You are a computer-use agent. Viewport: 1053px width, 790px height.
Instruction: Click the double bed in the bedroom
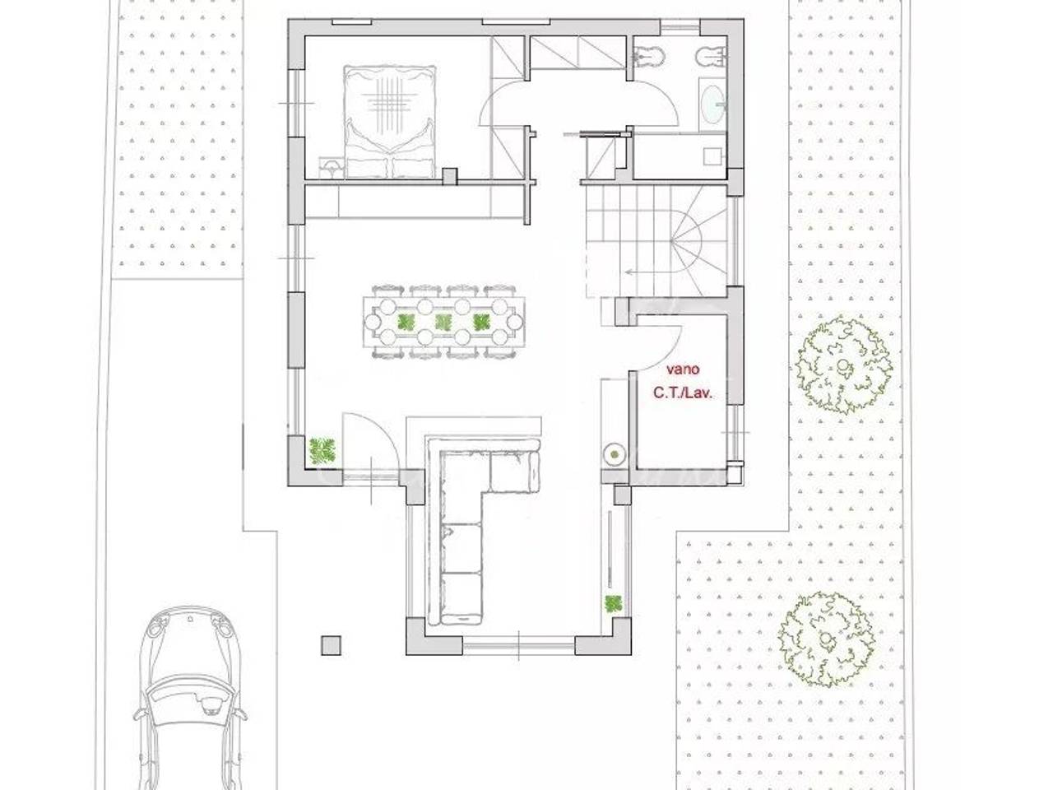tap(390, 123)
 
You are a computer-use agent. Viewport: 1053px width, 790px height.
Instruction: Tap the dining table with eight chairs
tap(443, 322)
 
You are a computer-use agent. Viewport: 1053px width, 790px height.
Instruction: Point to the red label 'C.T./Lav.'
tap(682, 393)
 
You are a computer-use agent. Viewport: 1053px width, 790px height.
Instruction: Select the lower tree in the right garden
tap(826, 639)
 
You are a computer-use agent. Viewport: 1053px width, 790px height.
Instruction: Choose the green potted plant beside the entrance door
tap(322, 451)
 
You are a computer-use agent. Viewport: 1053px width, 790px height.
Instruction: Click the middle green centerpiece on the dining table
tap(443, 322)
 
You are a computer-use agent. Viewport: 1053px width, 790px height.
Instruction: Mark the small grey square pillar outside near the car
tap(331, 645)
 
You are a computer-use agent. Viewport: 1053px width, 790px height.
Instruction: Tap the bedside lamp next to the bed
tap(331, 168)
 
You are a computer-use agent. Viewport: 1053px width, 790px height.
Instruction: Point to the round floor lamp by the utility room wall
tap(614, 453)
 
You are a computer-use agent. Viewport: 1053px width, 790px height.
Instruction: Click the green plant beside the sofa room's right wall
tap(613, 604)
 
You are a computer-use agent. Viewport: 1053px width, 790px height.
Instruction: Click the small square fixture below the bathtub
tap(712, 156)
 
